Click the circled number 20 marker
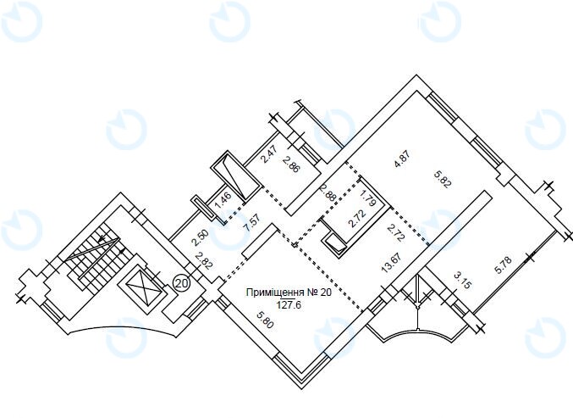(182, 283)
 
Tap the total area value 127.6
(289, 305)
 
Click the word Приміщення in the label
(275, 293)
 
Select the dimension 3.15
(461, 281)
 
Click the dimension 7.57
(251, 223)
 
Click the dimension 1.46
(223, 200)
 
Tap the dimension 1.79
(368, 198)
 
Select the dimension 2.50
(201, 237)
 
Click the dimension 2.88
(328, 193)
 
